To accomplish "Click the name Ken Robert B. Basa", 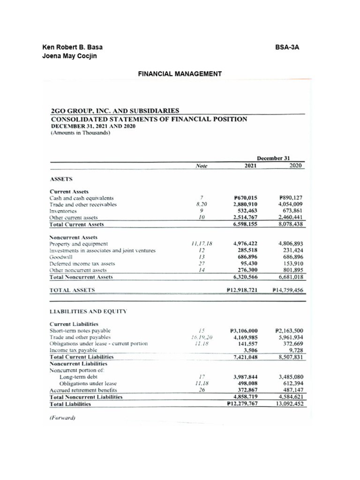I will pos(73,47).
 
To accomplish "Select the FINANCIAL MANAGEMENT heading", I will pos(180,74).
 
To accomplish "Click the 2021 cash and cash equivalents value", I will pos(245,198).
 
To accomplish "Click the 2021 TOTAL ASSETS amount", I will pos(242,290).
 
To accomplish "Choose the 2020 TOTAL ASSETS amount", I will pos(288,290).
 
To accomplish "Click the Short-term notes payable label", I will pos(79,330).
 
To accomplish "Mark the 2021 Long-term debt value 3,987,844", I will pos(245,377).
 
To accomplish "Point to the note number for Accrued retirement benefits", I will pos(200,390).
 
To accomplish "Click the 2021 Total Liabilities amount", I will pos(242,403).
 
